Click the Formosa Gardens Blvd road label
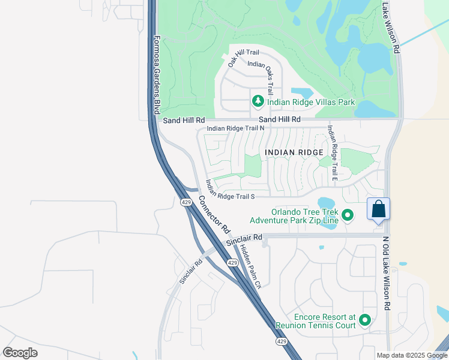(156, 75)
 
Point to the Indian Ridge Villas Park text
(312, 102)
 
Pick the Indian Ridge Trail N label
(235, 128)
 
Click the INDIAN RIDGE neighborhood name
(294, 153)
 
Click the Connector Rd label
(214, 215)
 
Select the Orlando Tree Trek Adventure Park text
(304, 215)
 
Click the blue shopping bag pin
(378, 210)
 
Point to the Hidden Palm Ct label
(250, 266)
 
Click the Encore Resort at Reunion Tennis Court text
(315, 321)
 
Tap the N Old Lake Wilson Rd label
(386, 271)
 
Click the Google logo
(20, 353)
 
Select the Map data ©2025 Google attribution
(411, 355)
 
